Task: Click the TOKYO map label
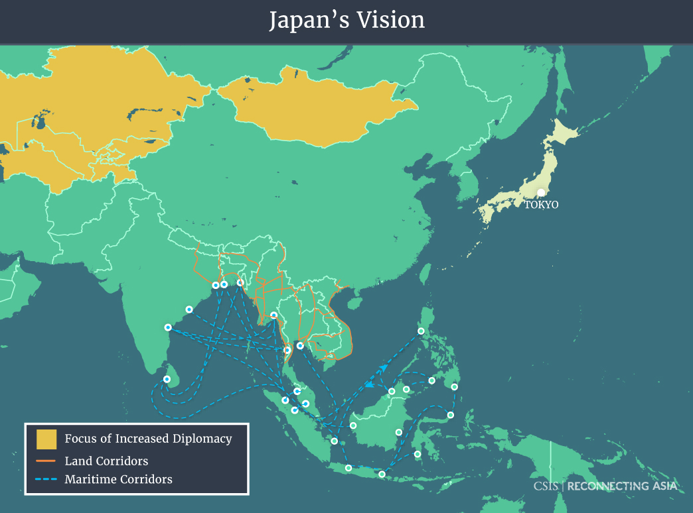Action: (541, 205)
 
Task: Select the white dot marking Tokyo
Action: (541, 192)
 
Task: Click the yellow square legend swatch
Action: (46, 439)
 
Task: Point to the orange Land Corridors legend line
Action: (46, 461)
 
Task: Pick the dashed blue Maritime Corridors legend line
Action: (46, 479)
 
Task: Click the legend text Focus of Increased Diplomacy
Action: (148, 439)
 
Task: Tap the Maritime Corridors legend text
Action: (118, 479)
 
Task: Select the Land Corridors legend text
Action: (106, 461)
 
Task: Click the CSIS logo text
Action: (546, 486)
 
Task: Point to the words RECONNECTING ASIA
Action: (623, 486)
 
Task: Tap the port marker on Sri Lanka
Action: (167, 379)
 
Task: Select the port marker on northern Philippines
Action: (421, 331)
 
